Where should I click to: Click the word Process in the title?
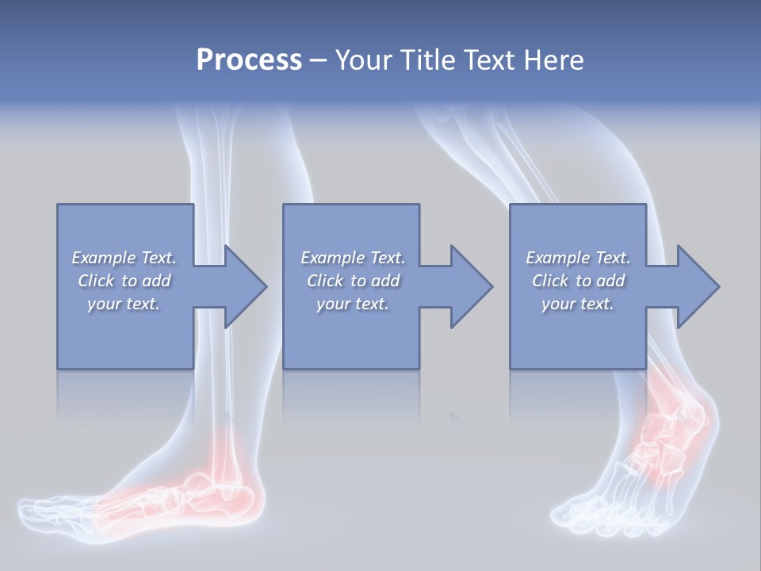(x=249, y=60)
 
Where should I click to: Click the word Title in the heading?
(x=426, y=60)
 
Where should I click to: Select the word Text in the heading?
(x=491, y=60)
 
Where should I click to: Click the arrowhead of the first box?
(x=246, y=286)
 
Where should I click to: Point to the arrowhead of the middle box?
(x=472, y=286)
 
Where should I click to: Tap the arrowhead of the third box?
(x=698, y=286)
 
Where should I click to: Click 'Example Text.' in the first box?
(x=124, y=258)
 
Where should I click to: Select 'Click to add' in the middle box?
(x=353, y=281)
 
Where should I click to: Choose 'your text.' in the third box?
(x=578, y=304)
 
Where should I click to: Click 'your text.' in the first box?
(x=124, y=304)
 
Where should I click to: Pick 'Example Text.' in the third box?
(x=578, y=258)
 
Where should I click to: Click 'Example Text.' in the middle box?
(x=353, y=258)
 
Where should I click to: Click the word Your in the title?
(x=365, y=60)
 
